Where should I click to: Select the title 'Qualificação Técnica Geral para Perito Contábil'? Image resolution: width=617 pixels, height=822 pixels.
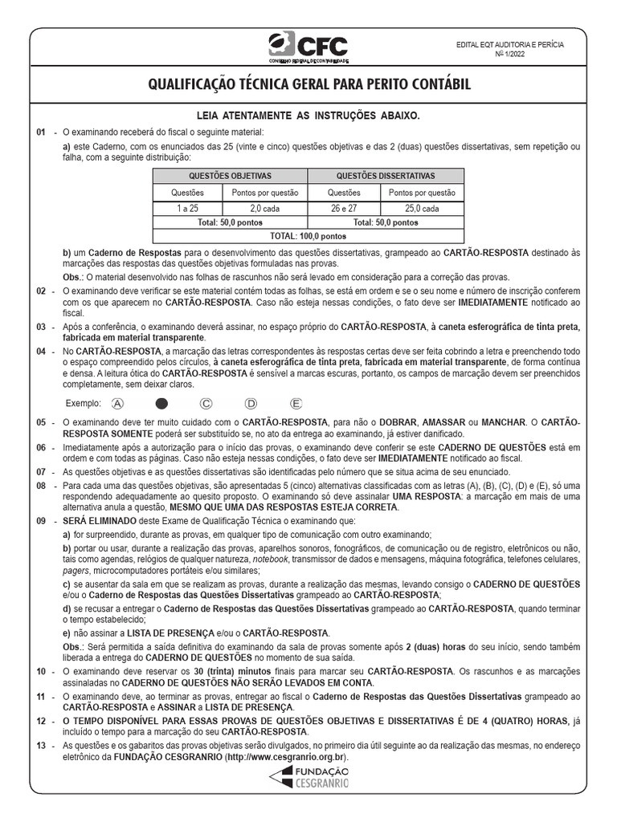click(x=308, y=85)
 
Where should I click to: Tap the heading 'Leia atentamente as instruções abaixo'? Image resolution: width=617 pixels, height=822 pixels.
click(x=308, y=116)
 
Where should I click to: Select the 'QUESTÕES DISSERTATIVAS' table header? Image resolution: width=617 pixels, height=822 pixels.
click(x=386, y=175)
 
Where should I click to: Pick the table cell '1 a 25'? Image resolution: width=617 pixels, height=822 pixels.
click(x=187, y=207)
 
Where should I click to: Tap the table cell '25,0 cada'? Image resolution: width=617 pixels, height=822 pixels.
click(x=422, y=207)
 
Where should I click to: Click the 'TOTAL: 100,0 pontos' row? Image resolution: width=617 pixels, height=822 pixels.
click(x=309, y=237)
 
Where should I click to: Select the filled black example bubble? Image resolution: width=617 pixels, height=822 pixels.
click(x=161, y=403)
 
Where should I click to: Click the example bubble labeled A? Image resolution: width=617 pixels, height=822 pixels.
click(x=119, y=403)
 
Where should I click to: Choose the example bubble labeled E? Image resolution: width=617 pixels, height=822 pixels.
click(x=296, y=403)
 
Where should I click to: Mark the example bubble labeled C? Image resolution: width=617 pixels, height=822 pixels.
click(x=206, y=403)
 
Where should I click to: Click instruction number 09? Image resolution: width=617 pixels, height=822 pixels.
click(x=41, y=520)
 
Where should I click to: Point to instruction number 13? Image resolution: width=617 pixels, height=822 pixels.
click(x=41, y=746)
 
